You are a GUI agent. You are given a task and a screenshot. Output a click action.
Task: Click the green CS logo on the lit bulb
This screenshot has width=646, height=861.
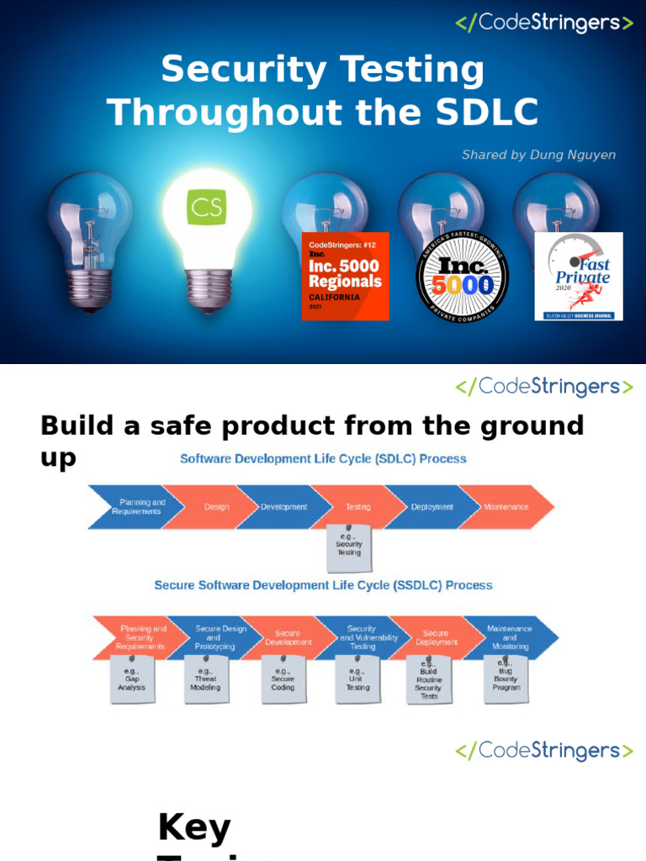pos(207,207)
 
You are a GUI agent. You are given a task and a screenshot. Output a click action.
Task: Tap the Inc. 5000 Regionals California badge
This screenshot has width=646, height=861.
pos(345,276)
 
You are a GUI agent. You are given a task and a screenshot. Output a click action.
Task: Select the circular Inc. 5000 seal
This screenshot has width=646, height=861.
pos(463,276)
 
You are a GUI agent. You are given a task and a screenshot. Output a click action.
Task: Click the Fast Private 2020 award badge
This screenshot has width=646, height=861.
pos(579,276)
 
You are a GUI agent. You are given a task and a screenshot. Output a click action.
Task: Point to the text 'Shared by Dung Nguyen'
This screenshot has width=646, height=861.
pos(538,155)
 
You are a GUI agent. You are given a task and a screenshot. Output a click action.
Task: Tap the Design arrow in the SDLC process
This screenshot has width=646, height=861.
pos(216,507)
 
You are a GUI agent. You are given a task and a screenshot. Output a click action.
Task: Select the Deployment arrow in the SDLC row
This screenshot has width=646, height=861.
pos(432,507)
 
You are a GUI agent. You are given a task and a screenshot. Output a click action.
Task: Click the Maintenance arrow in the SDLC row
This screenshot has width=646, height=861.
pos(506,507)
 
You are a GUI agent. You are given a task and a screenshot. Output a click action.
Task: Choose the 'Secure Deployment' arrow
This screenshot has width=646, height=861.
pos(436,638)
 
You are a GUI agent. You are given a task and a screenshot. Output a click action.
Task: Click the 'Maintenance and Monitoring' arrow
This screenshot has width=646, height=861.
pos(510,638)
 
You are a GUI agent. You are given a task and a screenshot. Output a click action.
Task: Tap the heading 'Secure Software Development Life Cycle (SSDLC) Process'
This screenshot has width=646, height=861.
pos(323,585)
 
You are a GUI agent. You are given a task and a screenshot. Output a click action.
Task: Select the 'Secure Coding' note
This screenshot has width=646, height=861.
pos(283,679)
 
